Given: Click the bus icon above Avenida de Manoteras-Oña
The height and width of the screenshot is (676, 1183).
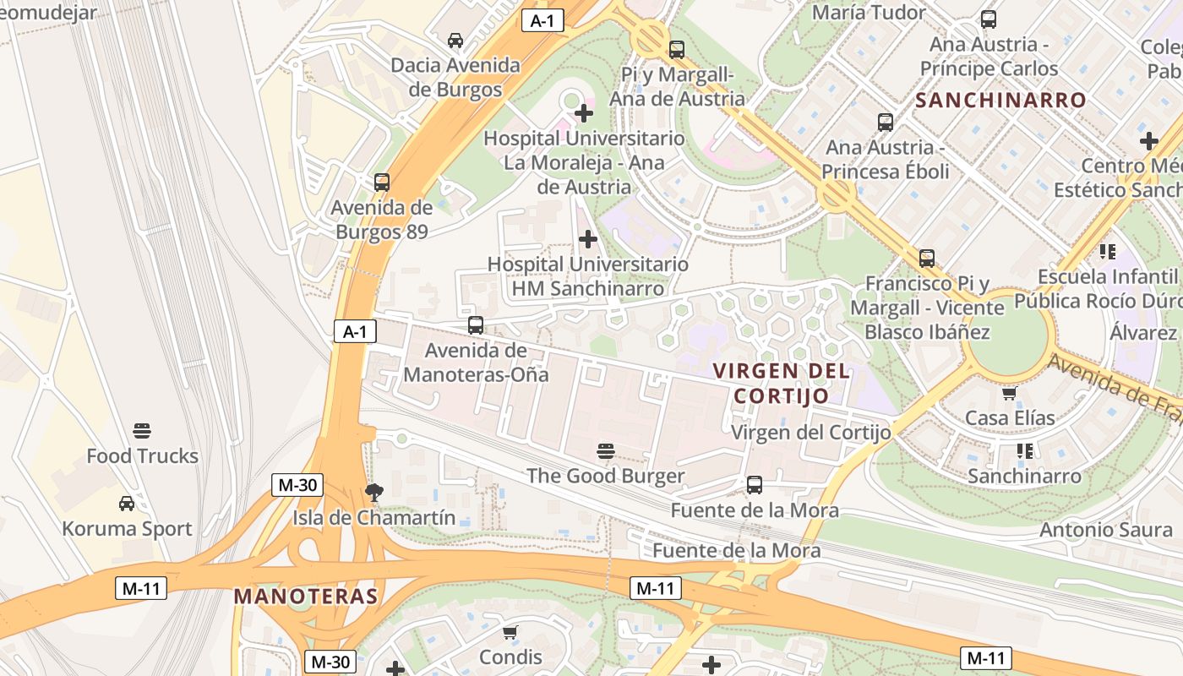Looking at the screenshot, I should [476, 325].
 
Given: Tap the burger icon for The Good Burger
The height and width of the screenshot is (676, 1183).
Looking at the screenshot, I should [605, 451].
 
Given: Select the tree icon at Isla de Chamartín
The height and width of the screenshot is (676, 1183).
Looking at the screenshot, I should [373, 493].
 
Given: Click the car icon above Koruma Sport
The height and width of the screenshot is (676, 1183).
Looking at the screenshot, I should [127, 504].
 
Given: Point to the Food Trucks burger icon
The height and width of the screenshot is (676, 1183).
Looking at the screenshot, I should [142, 431].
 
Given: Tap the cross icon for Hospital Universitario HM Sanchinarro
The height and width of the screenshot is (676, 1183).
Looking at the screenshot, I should [588, 239].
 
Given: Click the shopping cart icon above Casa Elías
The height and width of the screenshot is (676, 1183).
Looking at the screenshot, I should [1009, 394].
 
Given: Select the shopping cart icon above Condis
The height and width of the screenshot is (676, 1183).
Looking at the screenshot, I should [510, 632].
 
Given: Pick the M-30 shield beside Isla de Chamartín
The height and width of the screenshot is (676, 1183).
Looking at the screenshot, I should [297, 485].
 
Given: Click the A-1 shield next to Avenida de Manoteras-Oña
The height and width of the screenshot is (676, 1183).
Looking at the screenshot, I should [355, 331].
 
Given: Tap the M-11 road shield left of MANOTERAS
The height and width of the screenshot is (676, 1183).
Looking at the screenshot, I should [141, 588].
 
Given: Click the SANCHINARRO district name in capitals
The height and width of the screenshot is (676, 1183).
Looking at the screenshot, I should [1000, 100].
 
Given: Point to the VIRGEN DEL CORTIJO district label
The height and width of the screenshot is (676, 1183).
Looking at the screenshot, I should [781, 383].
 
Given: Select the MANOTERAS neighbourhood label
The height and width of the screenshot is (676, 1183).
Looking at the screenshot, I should [306, 596].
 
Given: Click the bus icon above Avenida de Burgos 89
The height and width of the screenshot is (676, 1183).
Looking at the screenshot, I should [382, 183].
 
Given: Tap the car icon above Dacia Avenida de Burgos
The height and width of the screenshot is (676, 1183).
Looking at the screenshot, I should [455, 40].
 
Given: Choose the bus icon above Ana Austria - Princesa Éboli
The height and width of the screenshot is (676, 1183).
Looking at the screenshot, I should [885, 122].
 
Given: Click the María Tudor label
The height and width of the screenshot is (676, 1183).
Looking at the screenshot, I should [869, 13].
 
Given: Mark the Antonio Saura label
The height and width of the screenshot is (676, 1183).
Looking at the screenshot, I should [1106, 530].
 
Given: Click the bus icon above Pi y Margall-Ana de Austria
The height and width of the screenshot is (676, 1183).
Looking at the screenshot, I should [676, 50].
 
